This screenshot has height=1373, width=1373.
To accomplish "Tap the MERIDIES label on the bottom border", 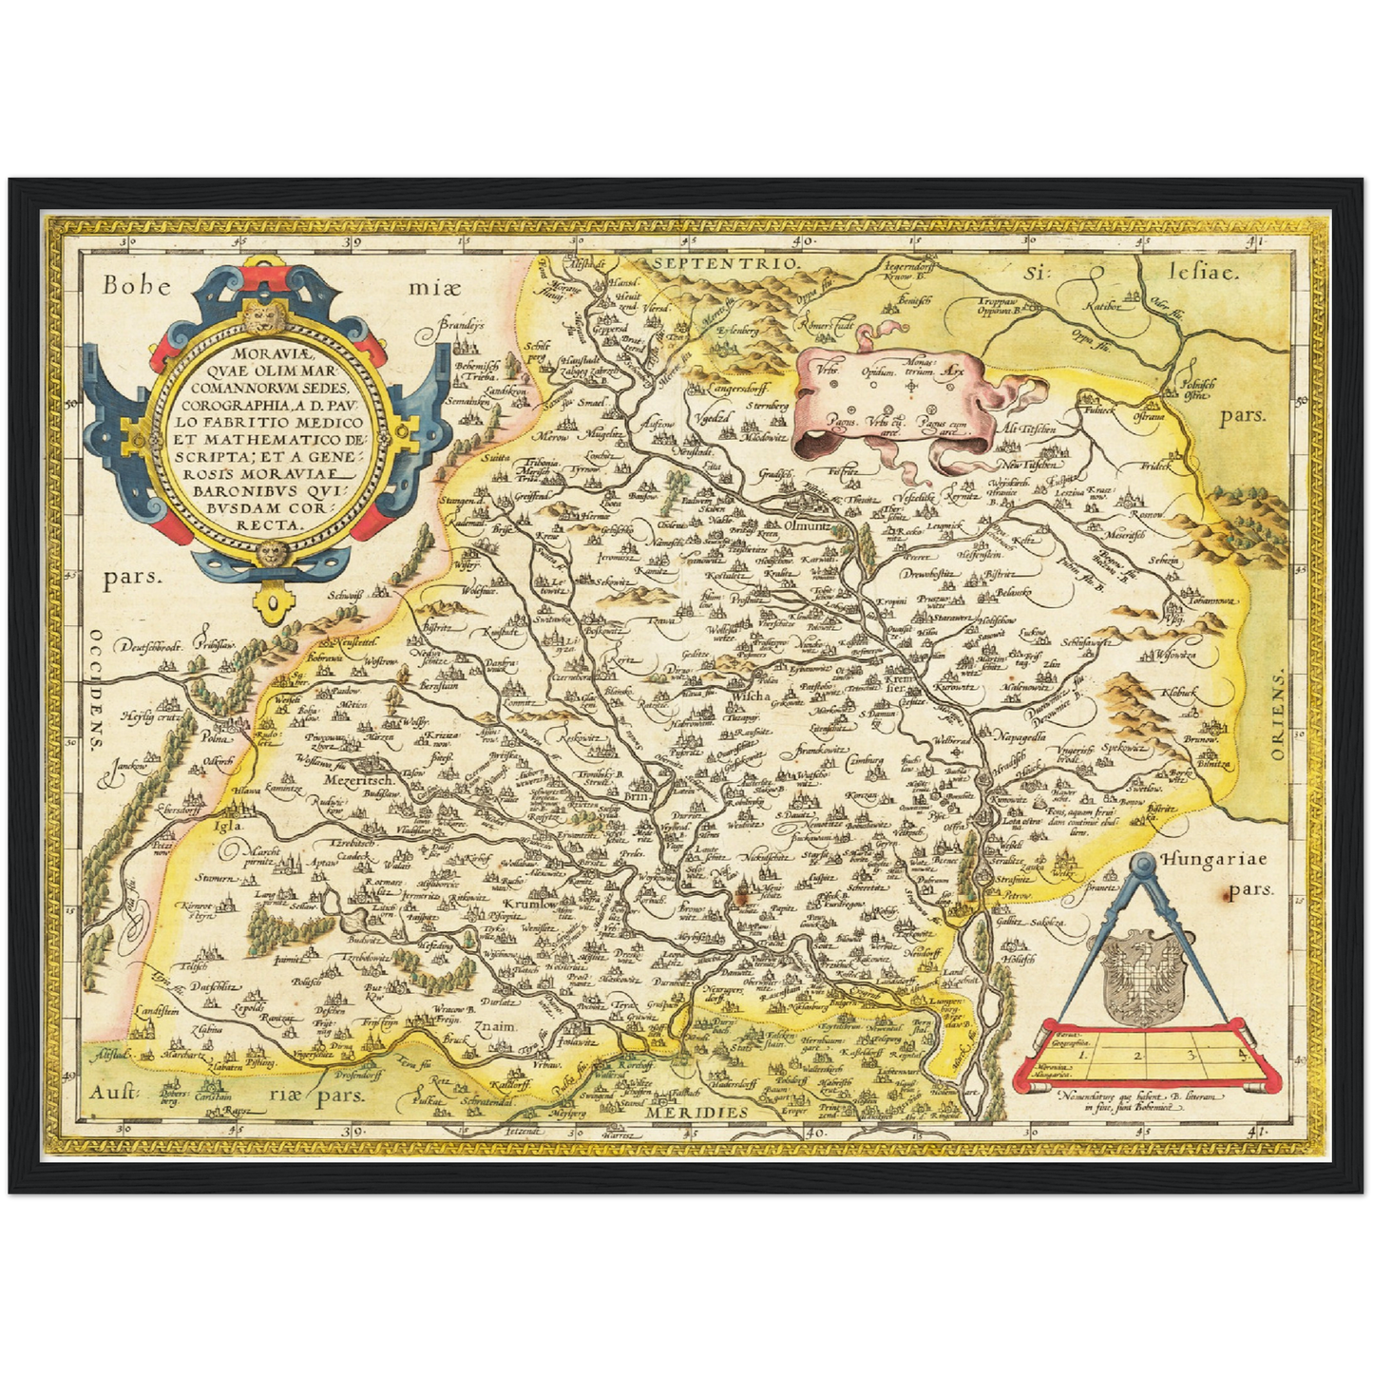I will [x=695, y=1111].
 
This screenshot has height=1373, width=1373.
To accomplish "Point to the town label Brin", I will [x=636, y=799].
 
